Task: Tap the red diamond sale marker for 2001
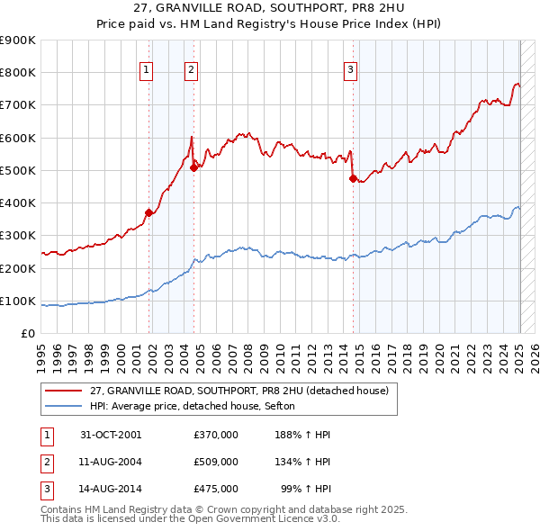pyautogui.click(x=149, y=212)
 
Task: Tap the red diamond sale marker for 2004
pyautogui.click(x=193, y=167)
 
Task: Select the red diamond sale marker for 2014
pyautogui.click(x=353, y=178)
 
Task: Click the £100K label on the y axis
pyautogui.click(x=19, y=301)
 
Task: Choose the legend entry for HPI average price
pyautogui.click(x=198, y=406)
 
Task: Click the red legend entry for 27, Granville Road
pyautogui.click(x=238, y=391)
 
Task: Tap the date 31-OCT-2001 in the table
pyautogui.click(x=111, y=434)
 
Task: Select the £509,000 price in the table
pyautogui.click(x=216, y=462)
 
